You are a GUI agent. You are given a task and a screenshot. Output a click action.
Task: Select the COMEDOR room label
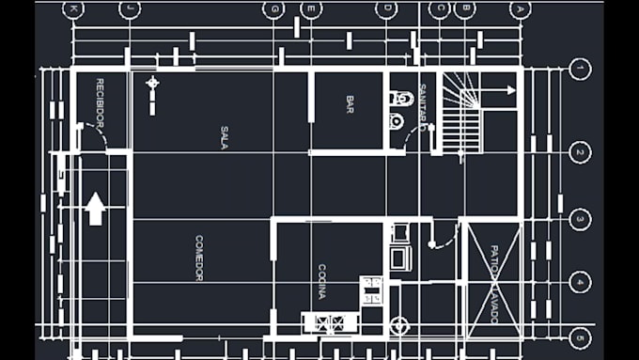point(199,258)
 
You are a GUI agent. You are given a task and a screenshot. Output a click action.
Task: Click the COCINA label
point(321,280)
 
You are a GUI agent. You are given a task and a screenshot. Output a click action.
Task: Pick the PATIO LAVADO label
point(493,285)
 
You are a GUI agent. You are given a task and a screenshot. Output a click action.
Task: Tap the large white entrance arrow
point(95,208)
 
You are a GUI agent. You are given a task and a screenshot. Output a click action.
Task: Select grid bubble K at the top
point(73,8)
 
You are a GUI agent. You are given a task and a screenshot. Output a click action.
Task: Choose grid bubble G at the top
point(274,9)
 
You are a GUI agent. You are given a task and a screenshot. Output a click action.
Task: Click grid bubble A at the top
point(520,8)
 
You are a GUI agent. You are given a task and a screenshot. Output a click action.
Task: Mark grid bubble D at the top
point(386,9)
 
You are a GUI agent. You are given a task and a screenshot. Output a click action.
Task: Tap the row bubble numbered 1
point(581,69)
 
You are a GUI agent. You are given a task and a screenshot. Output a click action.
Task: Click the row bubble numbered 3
point(581,220)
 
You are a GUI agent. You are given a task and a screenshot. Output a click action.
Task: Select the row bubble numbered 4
point(581,282)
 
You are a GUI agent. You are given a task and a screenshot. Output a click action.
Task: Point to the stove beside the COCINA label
point(371,290)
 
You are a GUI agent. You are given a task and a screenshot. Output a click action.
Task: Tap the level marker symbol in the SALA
point(152,84)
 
